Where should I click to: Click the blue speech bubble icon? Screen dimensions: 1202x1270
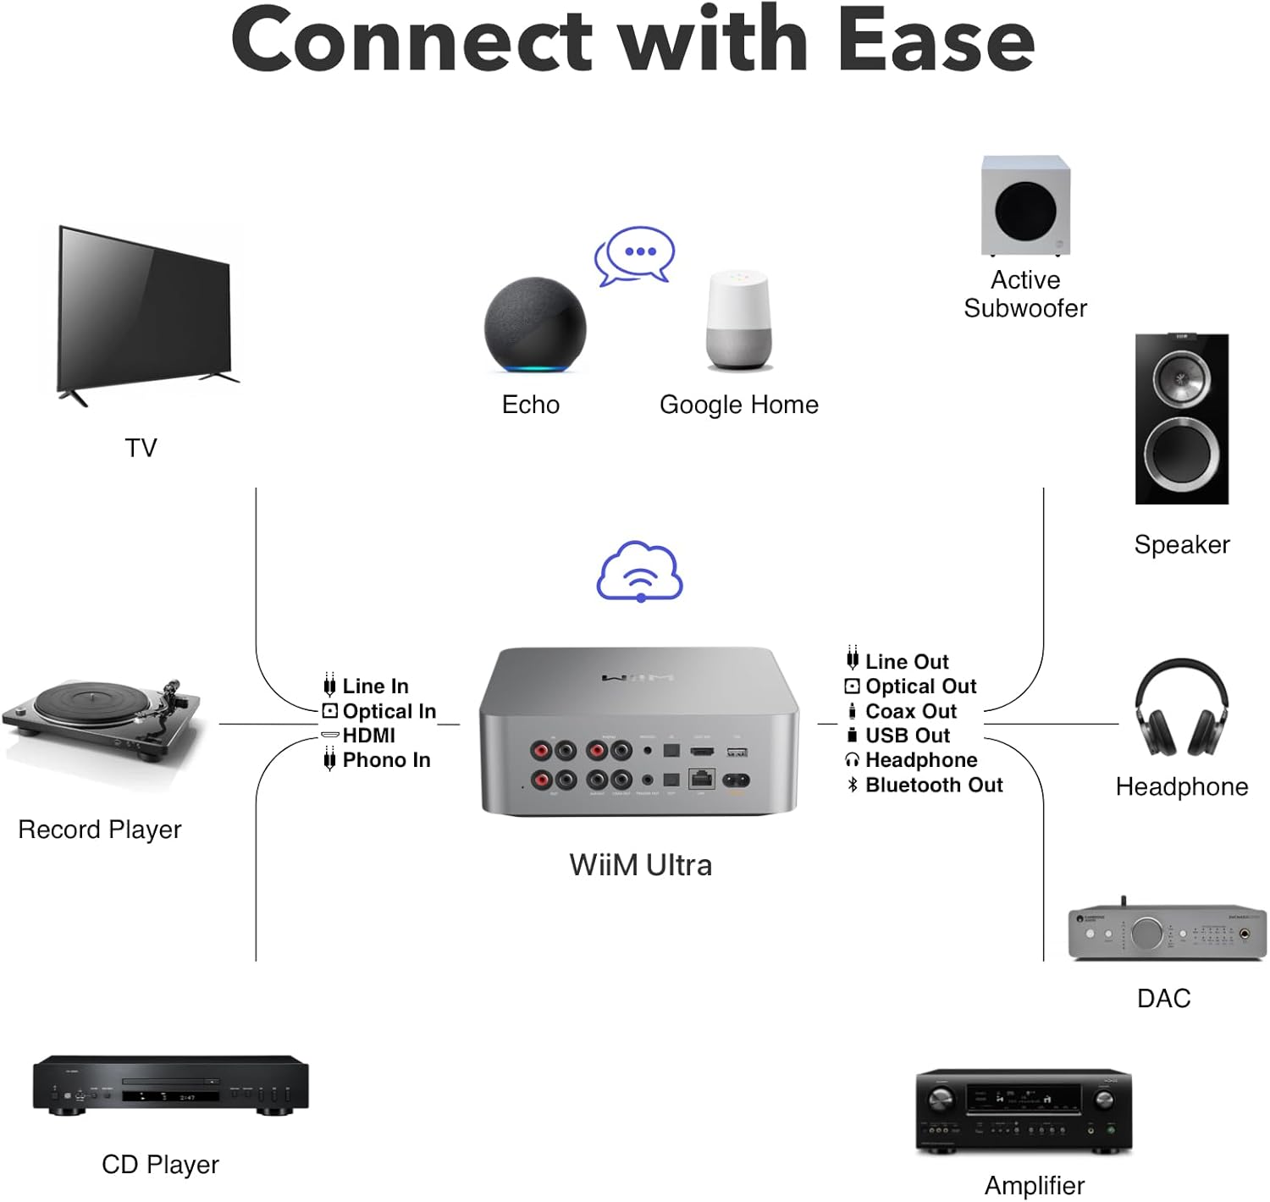(635, 254)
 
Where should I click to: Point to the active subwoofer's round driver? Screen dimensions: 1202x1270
(1025, 211)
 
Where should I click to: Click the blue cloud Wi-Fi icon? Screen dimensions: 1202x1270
(640, 571)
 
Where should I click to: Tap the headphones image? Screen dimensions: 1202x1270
(1181, 709)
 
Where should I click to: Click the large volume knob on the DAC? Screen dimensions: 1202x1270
(1146, 933)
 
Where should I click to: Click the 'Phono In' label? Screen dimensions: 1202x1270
(386, 760)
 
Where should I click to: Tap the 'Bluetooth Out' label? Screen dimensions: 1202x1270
(934, 785)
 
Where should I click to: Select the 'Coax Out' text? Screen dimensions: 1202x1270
(911, 711)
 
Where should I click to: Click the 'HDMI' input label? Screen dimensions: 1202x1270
(369, 736)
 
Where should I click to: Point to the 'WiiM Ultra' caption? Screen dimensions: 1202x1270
(640, 865)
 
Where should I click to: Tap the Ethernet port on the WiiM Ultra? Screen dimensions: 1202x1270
(702, 778)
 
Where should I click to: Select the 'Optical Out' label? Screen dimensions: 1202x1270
(921, 686)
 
